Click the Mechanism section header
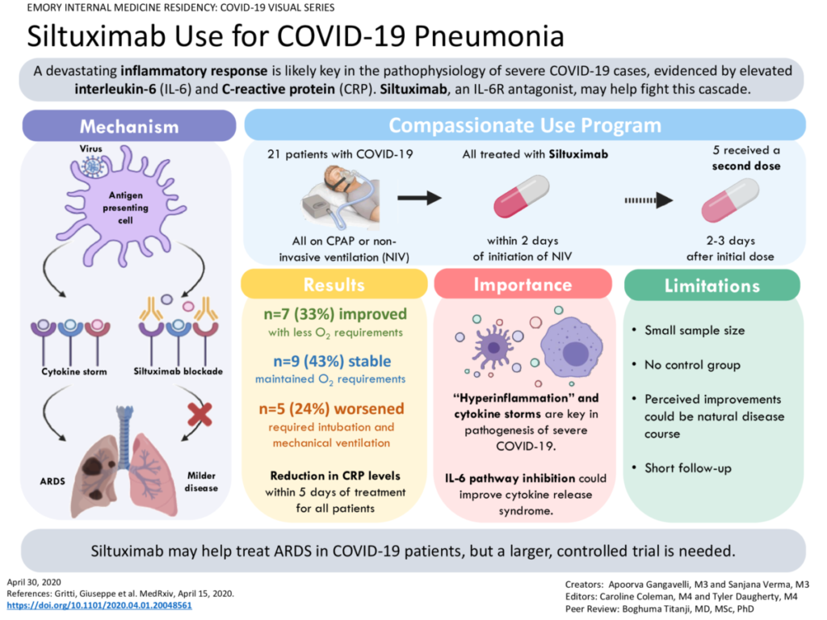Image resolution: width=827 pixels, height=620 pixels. point(129,127)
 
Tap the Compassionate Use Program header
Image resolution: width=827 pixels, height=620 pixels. point(525,126)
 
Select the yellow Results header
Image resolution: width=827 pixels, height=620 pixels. point(334,285)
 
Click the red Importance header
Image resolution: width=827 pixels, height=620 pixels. point(523,285)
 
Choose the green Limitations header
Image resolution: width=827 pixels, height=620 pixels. point(712,286)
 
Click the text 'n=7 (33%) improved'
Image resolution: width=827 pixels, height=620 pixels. point(334,315)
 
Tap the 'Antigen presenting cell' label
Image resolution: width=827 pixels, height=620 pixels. point(124,207)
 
